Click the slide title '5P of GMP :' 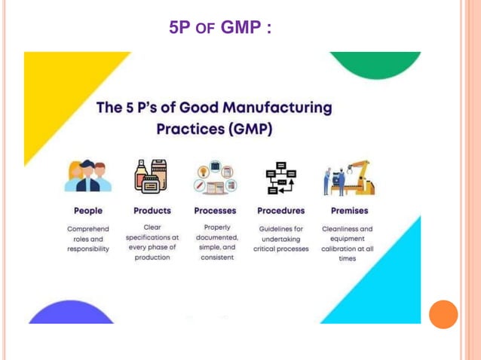[x=220, y=28]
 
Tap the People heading [x=88, y=211]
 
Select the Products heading [x=152, y=211]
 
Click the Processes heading [x=215, y=211]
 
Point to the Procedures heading [x=281, y=211]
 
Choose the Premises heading [x=349, y=211]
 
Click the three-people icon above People [x=87, y=177]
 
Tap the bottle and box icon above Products [x=151, y=177]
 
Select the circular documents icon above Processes [x=215, y=178]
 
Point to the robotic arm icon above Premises [x=348, y=178]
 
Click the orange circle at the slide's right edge [x=443, y=314]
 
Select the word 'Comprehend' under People [x=88, y=229]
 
